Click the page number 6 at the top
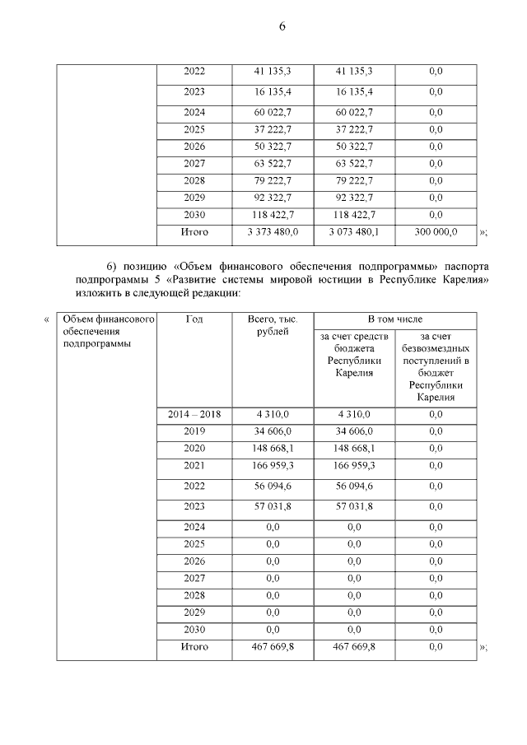tap(282, 26)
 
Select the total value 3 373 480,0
tap(273, 233)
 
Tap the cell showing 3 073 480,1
tap(354, 233)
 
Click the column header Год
tap(194, 319)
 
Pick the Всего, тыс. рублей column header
tap(273, 324)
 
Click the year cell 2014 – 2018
tap(194, 414)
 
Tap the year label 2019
tap(194, 431)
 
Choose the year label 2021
tap(194, 465)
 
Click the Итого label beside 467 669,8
tap(194, 647)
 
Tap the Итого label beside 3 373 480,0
tap(194, 233)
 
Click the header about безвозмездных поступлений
tap(435, 367)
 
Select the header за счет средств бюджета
tap(354, 355)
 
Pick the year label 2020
tap(194, 448)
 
